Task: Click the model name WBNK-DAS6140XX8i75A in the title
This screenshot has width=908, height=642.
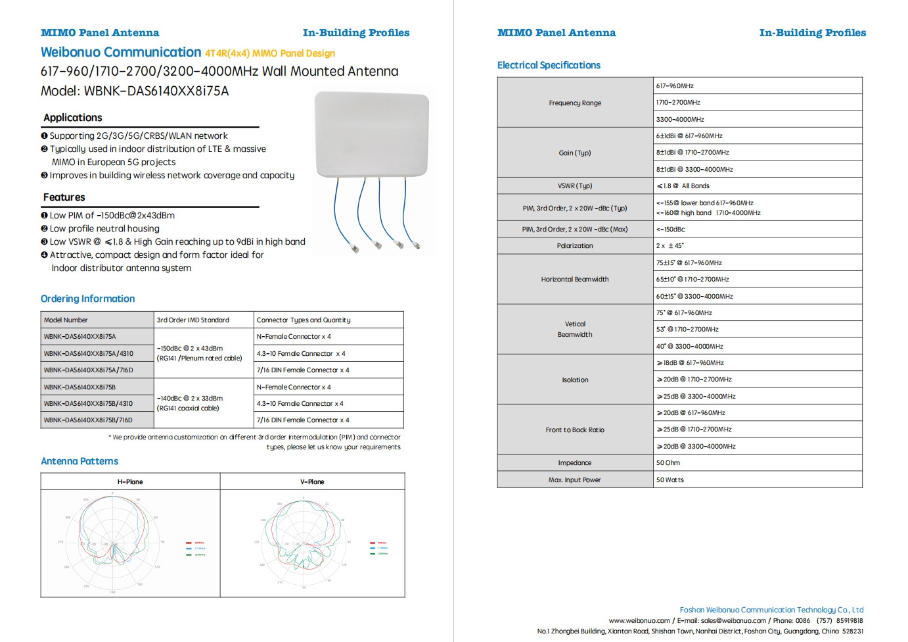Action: (x=156, y=91)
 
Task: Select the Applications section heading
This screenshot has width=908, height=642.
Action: (x=73, y=118)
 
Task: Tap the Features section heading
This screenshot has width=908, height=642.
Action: (x=64, y=197)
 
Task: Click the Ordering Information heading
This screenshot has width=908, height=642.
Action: (x=88, y=299)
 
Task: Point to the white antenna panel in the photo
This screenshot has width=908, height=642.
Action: (x=372, y=135)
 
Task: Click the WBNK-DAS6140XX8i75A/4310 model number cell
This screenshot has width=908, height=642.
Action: (x=89, y=353)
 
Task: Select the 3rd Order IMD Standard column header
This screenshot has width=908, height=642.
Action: (x=193, y=320)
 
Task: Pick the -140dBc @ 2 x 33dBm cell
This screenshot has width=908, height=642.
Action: (x=190, y=399)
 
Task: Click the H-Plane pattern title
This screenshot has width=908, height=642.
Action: (x=130, y=482)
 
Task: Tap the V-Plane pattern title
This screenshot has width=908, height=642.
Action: (x=312, y=482)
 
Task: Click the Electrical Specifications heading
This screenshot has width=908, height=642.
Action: (x=549, y=65)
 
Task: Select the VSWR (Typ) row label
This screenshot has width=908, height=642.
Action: (x=575, y=186)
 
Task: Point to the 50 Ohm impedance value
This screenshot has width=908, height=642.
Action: (x=668, y=463)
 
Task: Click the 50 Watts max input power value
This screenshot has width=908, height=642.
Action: (x=670, y=480)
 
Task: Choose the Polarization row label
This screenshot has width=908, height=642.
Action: (x=575, y=246)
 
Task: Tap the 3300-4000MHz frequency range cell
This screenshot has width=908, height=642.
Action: (x=680, y=120)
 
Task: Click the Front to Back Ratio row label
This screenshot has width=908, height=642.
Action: (x=575, y=430)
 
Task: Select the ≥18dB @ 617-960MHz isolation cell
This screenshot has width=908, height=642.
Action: (x=691, y=363)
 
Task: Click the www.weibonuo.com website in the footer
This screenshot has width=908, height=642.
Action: (x=639, y=621)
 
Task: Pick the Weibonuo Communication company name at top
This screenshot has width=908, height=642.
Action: (x=121, y=53)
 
